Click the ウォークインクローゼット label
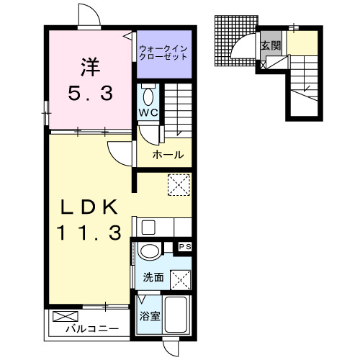pyautogui.click(x=163, y=53)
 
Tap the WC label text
pyautogui.click(x=148, y=112)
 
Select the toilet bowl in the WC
pyautogui.click(x=148, y=96)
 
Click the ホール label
pyautogui.click(x=168, y=155)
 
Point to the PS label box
pyautogui.click(x=185, y=247)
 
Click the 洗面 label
pyautogui.click(x=153, y=277)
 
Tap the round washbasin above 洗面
pyautogui.click(x=150, y=251)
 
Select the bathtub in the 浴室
pyautogui.click(x=176, y=315)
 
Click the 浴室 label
pyautogui.click(x=150, y=316)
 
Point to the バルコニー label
pyautogui.click(x=92, y=328)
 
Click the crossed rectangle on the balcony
pyautogui.click(x=66, y=316)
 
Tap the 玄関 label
pyautogui.click(x=271, y=45)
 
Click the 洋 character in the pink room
pyautogui.click(x=91, y=67)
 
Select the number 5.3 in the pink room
pyautogui.click(x=91, y=94)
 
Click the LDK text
pyautogui.click(x=89, y=207)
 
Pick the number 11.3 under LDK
pyautogui.click(x=89, y=233)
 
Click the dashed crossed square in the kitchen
pyautogui.click(x=179, y=185)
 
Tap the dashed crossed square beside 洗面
pyautogui.click(x=181, y=280)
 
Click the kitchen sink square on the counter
pyautogui.click(x=148, y=228)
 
